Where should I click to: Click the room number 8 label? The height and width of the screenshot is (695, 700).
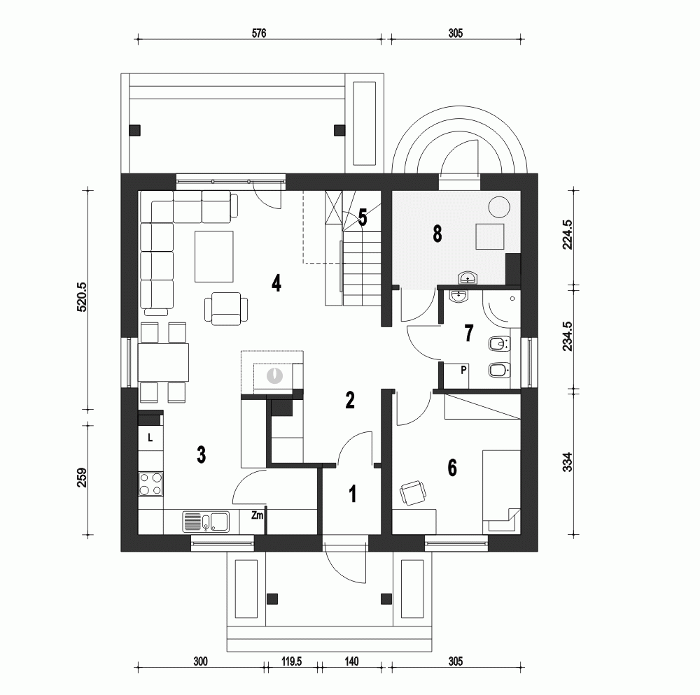tap(437, 234)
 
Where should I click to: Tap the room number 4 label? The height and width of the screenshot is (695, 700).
tap(276, 284)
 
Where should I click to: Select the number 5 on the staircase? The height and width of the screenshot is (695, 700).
tap(363, 217)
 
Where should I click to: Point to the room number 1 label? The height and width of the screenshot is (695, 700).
tap(353, 494)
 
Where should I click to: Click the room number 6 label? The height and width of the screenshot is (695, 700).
tap(452, 468)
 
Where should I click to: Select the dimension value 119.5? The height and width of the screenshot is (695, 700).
tap(290, 661)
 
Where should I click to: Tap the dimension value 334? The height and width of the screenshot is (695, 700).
tap(568, 463)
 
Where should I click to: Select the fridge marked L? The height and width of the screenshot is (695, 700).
tap(150, 438)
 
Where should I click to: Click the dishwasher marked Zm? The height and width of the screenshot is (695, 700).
tap(257, 516)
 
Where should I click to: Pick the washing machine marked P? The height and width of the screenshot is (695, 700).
tap(463, 372)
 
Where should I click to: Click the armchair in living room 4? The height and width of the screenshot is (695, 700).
tap(226, 309)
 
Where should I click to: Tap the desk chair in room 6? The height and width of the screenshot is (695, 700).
tap(412, 492)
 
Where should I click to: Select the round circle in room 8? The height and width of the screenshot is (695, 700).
tap(498, 207)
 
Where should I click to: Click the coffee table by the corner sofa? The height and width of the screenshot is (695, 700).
tap(214, 255)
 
